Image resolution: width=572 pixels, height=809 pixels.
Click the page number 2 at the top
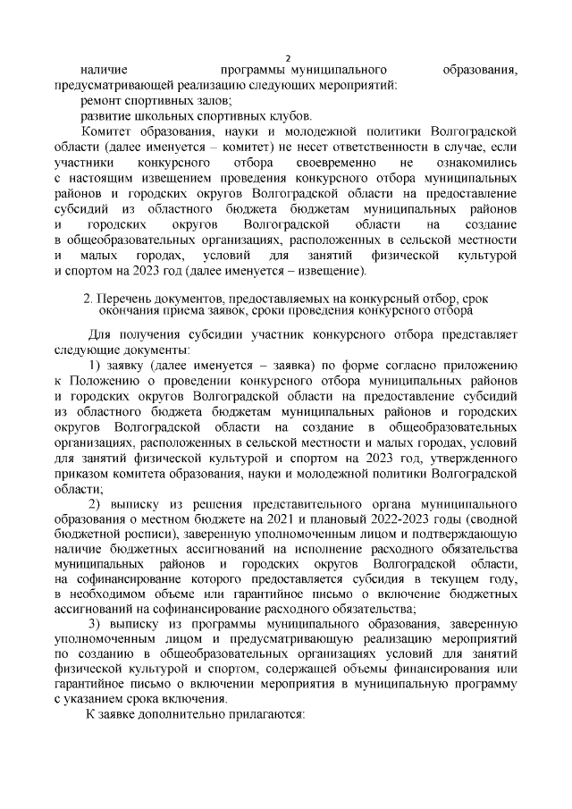[x=288, y=55]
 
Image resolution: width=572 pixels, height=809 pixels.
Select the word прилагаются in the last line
[x=267, y=715]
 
